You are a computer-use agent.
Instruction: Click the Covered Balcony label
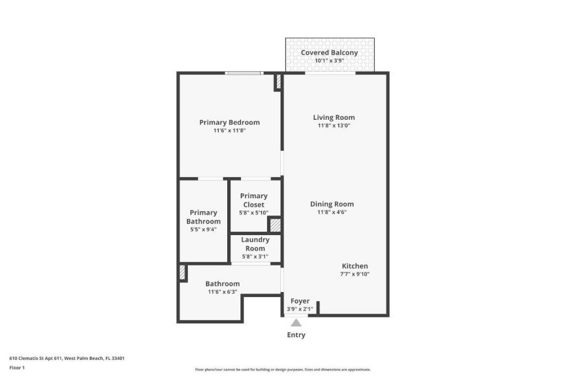329,53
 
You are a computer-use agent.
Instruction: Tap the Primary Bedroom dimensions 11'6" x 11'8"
229,131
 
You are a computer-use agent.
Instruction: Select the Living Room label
334,117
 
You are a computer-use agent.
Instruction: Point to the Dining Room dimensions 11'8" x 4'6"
332,212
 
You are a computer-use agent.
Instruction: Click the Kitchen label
354,266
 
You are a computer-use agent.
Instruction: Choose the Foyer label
300,301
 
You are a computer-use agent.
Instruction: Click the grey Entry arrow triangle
296,323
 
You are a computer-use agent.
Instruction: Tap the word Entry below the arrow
296,335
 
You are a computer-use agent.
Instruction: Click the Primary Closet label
254,200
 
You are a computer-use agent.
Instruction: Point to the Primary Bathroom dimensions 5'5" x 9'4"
203,230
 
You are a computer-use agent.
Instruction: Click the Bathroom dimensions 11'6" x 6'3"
222,292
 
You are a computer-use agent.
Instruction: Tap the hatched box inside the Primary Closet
275,225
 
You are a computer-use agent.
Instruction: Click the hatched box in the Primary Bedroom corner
278,82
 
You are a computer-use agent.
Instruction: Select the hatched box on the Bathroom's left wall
182,273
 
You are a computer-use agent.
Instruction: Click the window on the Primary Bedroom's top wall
244,73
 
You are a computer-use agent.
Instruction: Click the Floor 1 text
17,368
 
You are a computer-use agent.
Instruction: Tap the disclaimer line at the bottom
282,370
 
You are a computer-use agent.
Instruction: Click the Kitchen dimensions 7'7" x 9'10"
354,274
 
